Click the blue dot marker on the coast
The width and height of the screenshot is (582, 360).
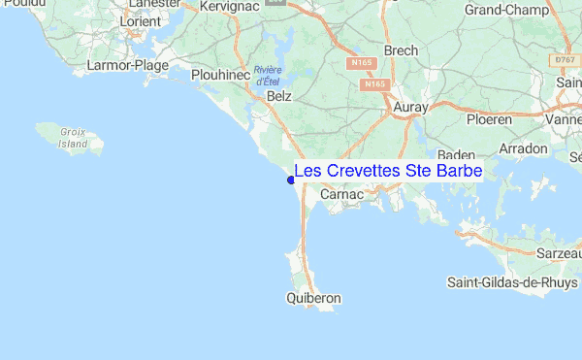(x=291, y=180)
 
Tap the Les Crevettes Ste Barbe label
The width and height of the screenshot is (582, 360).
(x=388, y=171)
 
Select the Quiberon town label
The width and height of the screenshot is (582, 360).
(x=314, y=300)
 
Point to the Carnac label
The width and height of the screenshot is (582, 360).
(x=340, y=194)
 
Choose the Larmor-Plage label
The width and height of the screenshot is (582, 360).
(x=128, y=66)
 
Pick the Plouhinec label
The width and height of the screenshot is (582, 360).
(x=221, y=74)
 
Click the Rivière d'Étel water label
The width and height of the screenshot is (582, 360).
(x=268, y=76)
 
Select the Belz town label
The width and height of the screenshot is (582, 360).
(x=279, y=97)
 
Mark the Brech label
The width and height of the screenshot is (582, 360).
(x=401, y=50)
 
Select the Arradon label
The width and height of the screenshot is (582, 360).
(x=524, y=149)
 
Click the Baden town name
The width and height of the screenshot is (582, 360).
(x=456, y=155)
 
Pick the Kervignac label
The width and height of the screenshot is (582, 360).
(x=227, y=6)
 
